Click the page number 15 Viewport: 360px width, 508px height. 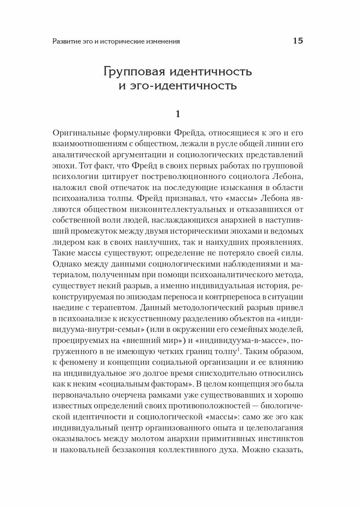point(298,41)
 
